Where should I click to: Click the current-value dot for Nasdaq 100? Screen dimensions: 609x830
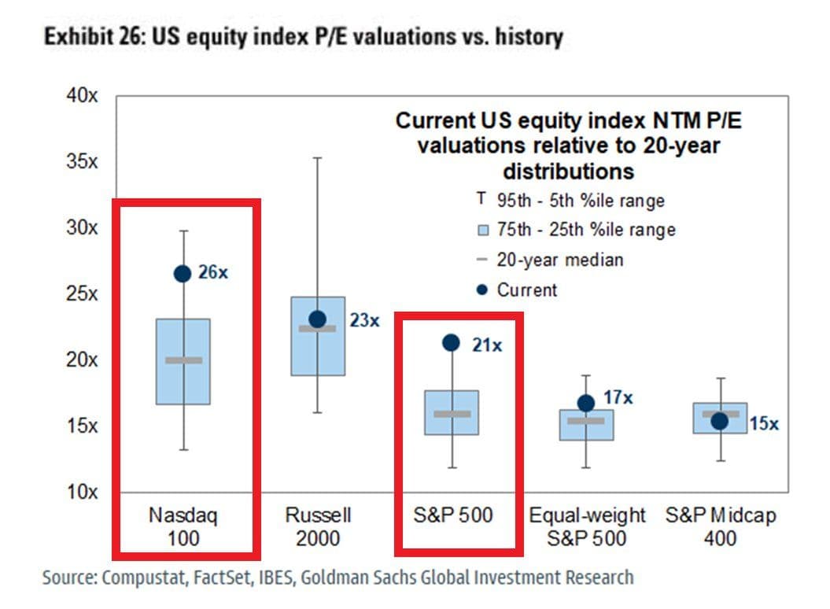coord(183,273)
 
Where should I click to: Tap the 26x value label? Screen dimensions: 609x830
coord(212,273)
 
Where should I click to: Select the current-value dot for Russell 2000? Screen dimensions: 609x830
coord(317,319)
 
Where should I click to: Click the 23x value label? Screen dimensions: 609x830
coord(365,320)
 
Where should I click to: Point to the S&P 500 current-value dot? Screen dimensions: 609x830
coord(451,342)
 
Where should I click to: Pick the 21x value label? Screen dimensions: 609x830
coord(487,344)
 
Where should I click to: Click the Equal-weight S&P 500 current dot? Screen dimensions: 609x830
coord(586,403)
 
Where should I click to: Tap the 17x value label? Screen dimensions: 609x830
coord(618,397)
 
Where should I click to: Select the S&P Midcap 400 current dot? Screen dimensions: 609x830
coord(719,421)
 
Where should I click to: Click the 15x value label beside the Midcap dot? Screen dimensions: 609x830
coord(764,424)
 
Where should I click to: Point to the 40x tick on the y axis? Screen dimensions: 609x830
coord(83,96)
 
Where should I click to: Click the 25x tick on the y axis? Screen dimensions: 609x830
coord(83,294)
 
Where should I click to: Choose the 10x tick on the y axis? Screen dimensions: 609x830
coord(83,493)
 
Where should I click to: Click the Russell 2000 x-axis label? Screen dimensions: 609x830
coord(319,526)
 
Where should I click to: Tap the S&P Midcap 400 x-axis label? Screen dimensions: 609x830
coord(721,526)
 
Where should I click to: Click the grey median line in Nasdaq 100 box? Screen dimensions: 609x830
coord(183,360)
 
